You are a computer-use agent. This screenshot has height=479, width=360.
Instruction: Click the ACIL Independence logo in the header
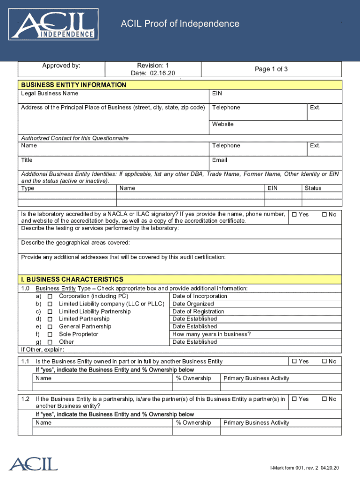click(54, 26)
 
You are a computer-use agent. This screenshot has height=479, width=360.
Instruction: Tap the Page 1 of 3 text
click(271, 69)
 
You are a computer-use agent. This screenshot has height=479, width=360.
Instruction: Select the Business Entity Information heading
click(73, 85)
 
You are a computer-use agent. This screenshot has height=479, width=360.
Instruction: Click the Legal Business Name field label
click(50, 94)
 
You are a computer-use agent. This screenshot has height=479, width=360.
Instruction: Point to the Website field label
click(223, 124)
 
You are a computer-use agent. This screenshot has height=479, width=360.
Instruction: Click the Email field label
click(219, 160)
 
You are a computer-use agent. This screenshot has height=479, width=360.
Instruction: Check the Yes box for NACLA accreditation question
click(295, 214)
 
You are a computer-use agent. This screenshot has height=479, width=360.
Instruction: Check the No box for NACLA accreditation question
click(324, 214)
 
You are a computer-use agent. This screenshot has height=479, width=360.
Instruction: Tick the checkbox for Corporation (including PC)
click(50, 296)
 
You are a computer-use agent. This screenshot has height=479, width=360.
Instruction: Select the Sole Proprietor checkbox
click(50, 334)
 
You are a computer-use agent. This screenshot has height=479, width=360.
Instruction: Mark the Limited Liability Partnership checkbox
click(50, 312)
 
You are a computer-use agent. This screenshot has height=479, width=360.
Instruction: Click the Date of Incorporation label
click(200, 296)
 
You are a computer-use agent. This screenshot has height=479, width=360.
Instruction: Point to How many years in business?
click(211, 334)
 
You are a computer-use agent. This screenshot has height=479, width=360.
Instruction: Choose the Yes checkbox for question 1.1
click(295, 361)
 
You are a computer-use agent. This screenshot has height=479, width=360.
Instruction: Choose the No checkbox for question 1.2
click(324, 399)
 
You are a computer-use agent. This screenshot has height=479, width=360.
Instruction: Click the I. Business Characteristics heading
click(72, 279)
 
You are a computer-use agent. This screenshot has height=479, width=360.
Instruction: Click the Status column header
click(313, 188)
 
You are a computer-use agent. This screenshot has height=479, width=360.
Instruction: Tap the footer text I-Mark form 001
click(304, 468)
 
